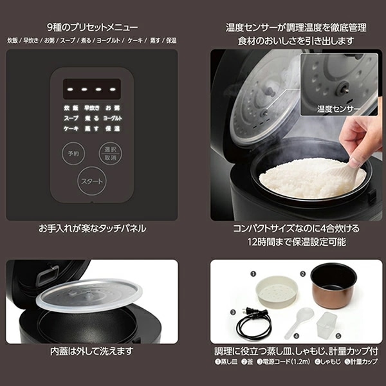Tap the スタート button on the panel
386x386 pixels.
click(x=91, y=182)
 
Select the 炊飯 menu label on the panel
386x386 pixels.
click(x=71, y=108)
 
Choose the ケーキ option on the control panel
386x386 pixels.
click(x=71, y=129)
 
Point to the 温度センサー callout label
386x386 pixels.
click(x=338, y=109)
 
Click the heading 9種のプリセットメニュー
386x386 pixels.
click(x=91, y=28)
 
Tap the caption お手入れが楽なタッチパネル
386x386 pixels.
click(x=92, y=228)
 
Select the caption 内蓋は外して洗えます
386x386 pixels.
click(x=91, y=352)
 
